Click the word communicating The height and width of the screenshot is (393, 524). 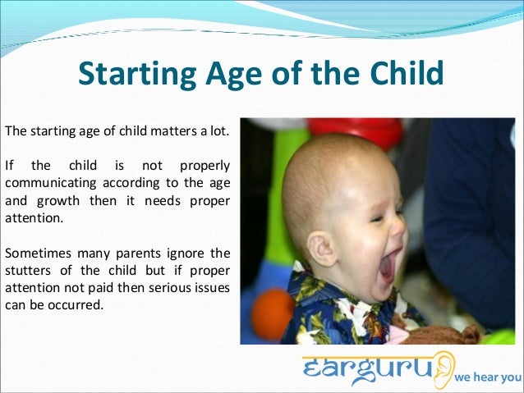click(49, 183)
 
